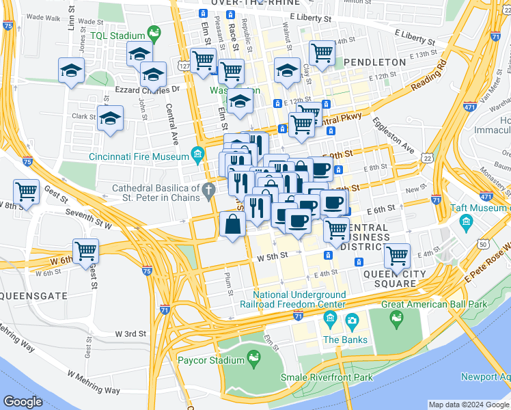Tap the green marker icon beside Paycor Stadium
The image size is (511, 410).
(x=253, y=357)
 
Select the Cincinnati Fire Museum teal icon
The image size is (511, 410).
(x=198, y=152)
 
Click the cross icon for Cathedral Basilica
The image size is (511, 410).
(x=212, y=188)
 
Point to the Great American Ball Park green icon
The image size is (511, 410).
(x=396, y=317)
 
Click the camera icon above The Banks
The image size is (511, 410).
(x=352, y=320)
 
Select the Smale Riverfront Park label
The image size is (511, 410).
(x=327, y=377)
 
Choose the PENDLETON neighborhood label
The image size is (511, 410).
(x=374, y=62)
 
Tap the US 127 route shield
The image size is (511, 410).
(x=185, y=66)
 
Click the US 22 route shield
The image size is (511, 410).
(x=427, y=157)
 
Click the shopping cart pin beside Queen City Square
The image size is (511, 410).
(x=396, y=256)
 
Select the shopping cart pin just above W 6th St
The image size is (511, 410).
(x=85, y=251)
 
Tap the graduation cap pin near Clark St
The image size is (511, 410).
(x=109, y=118)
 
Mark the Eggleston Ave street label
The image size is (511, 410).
(x=393, y=135)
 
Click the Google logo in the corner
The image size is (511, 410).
(x=23, y=402)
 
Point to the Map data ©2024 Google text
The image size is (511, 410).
(x=468, y=405)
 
